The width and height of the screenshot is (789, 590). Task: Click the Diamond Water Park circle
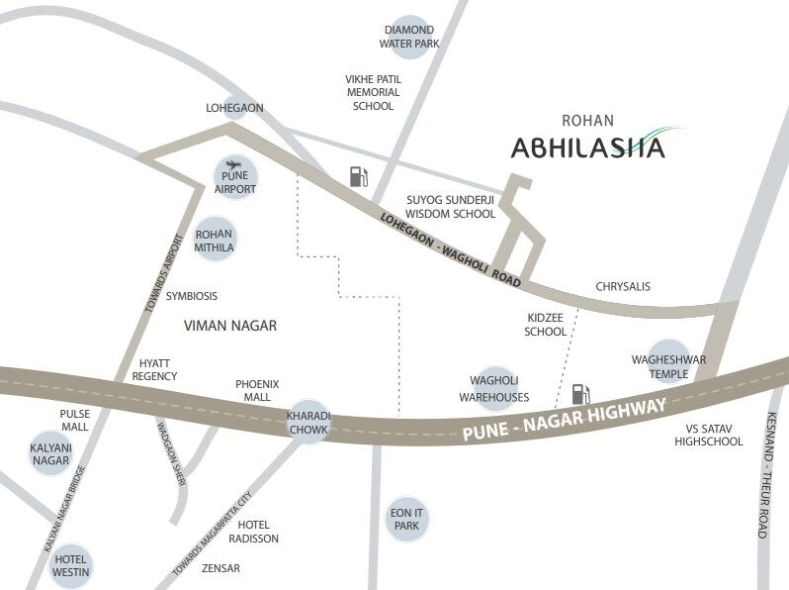(x=409, y=37)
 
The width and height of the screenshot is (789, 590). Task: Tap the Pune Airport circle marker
(x=235, y=177)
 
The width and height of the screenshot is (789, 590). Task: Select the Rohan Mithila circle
(x=215, y=239)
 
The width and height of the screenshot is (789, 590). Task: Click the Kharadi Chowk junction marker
(x=308, y=422)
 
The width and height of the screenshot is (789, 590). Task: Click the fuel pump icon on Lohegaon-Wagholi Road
(x=358, y=177)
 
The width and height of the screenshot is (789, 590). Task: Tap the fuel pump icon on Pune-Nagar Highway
(x=580, y=394)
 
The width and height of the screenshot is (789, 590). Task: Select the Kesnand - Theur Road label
(x=764, y=476)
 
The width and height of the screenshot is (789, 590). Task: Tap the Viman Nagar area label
(x=230, y=325)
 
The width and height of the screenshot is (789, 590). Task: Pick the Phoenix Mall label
(x=257, y=390)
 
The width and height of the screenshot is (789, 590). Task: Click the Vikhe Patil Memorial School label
(x=371, y=92)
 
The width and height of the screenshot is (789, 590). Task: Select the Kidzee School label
(x=546, y=325)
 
